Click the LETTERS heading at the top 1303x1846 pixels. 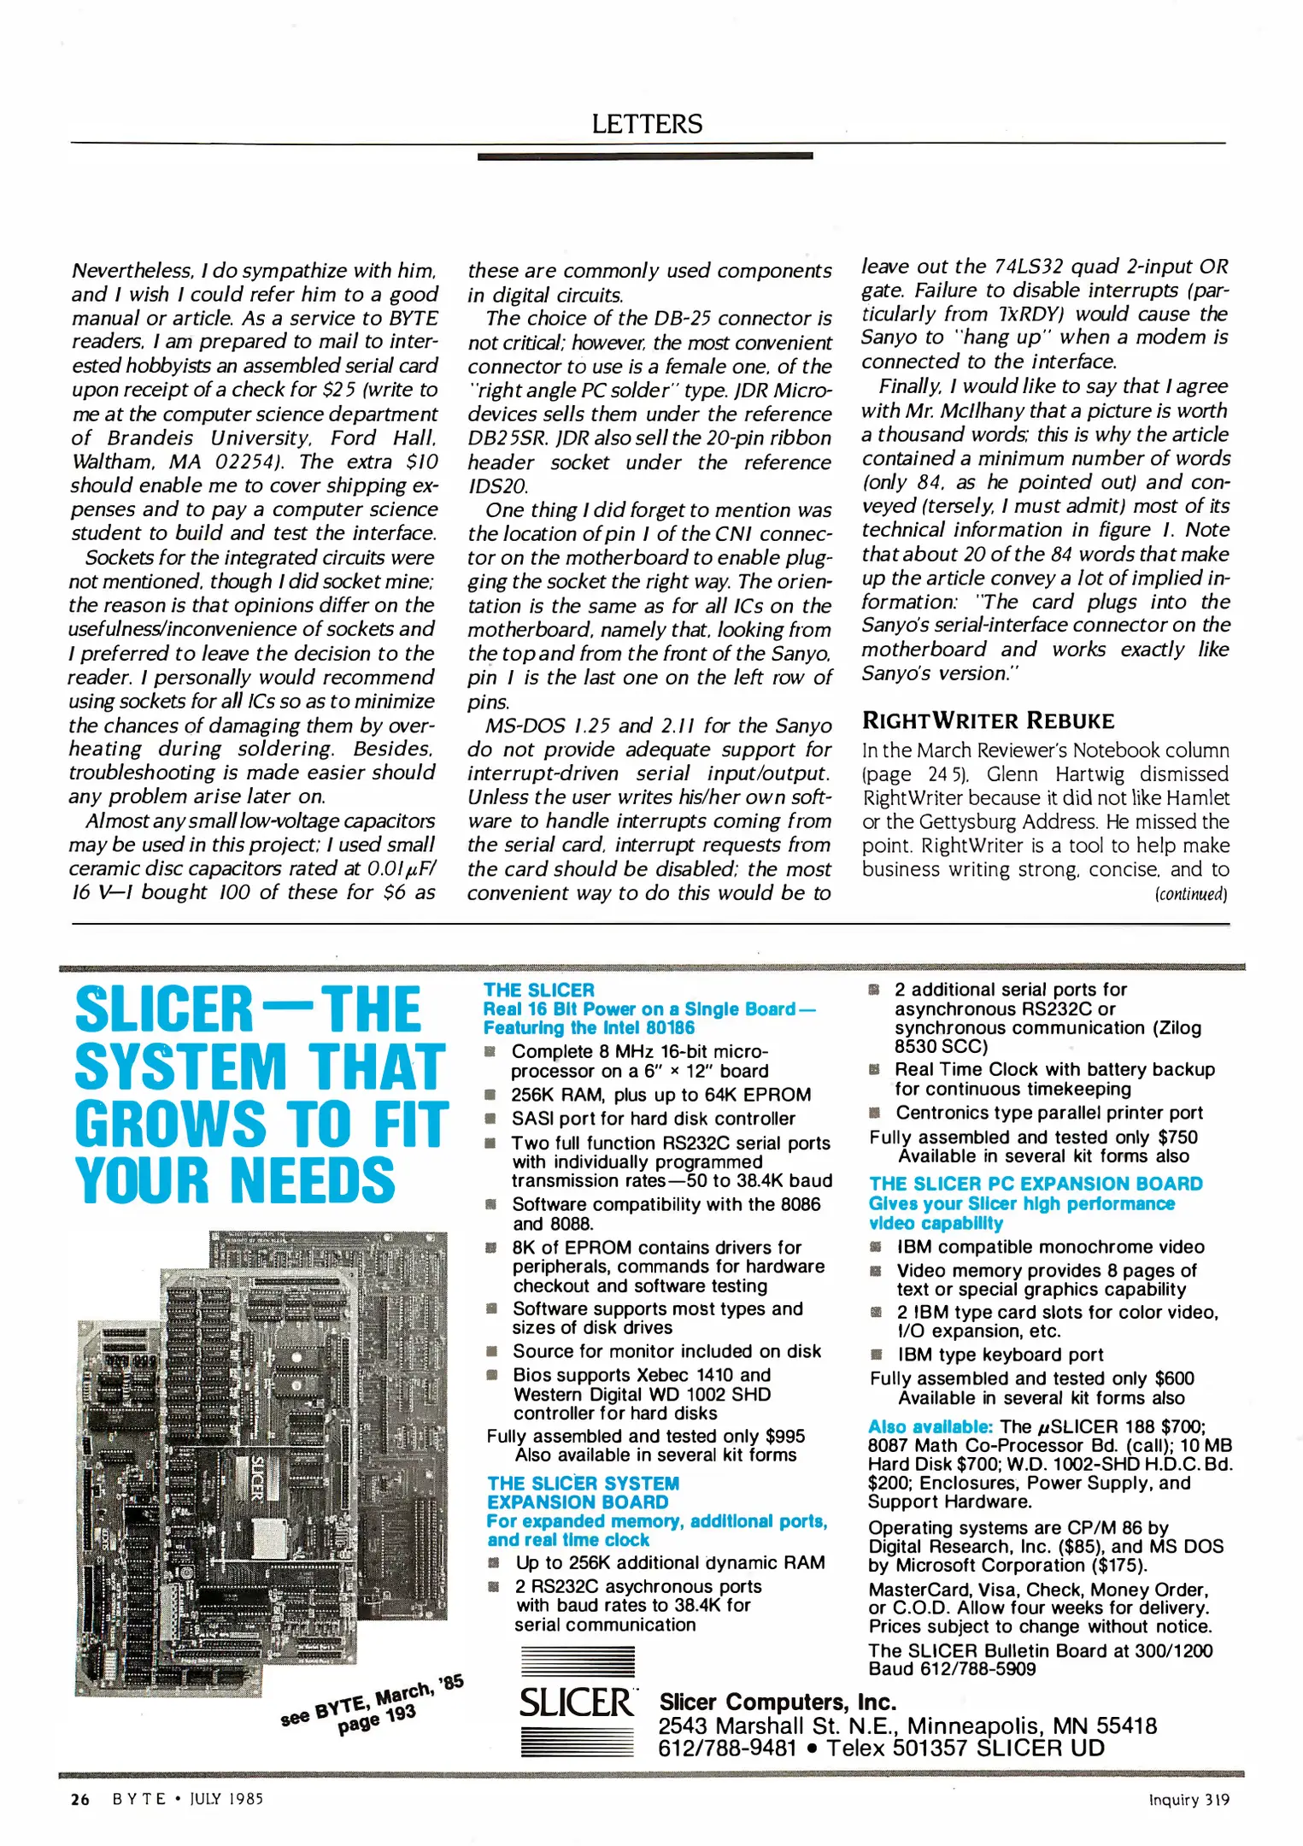tap(647, 125)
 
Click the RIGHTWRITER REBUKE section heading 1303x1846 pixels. tap(988, 720)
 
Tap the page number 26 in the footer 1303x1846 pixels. tap(80, 1799)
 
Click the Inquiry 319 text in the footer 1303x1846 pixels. tap(1189, 1800)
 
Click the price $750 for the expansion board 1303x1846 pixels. tap(1177, 1138)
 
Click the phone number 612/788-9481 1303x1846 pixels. tap(726, 1749)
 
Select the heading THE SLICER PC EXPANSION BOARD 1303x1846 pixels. tap(1036, 1184)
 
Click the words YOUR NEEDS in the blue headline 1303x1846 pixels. tap(235, 1180)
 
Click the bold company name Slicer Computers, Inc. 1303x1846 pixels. tap(778, 1702)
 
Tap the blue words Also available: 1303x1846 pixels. tap(930, 1426)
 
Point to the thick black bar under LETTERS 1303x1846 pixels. tap(645, 156)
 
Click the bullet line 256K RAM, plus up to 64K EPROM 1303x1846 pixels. tap(660, 1095)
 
